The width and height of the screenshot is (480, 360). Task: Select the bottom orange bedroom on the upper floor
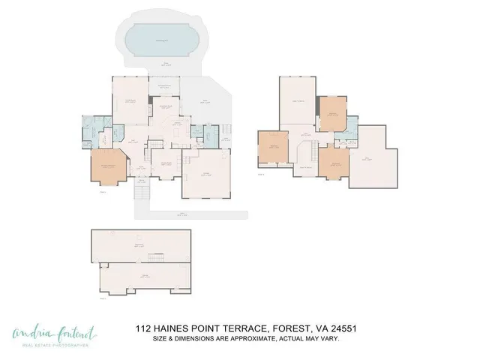click(333, 161)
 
